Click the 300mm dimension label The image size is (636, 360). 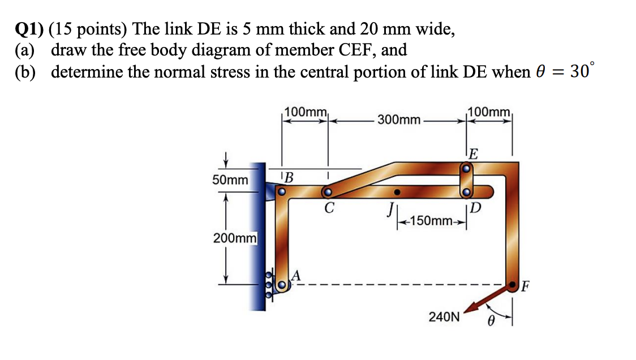click(399, 119)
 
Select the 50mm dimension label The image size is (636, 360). click(230, 181)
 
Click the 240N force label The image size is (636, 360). click(444, 316)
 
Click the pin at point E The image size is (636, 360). click(466, 168)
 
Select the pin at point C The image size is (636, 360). click(327, 192)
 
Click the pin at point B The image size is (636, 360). click(281, 192)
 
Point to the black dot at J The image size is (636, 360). click(398, 191)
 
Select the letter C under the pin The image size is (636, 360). click(328, 208)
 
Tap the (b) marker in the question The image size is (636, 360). click(27, 73)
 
